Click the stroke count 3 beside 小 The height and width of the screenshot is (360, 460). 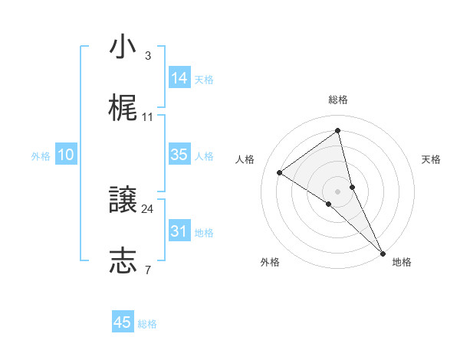tap(147, 56)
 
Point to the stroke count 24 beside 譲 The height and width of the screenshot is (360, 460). tap(147, 208)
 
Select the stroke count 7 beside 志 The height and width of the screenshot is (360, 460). tap(147, 270)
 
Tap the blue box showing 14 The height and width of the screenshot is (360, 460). tap(179, 78)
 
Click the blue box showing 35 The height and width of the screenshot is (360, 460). tap(179, 155)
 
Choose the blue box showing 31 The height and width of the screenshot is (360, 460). tap(179, 231)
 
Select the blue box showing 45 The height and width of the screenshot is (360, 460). tap(123, 322)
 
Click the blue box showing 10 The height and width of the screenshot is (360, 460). tap(66, 155)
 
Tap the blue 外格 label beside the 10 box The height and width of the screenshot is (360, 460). tap(41, 156)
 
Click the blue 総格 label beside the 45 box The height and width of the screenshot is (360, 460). tap(147, 324)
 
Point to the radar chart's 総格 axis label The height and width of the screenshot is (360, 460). tap(338, 100)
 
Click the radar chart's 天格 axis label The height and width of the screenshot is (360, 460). tap(432, 159)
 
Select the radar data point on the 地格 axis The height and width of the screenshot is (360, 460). tap(383, 252)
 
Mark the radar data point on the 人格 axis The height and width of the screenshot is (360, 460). tap(279, 172)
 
